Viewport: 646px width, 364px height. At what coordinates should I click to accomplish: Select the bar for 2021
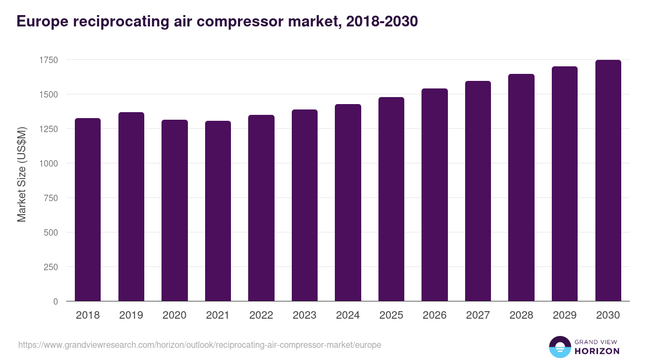tap(218, 211)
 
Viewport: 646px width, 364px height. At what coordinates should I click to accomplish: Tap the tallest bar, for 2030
tap(608, 180)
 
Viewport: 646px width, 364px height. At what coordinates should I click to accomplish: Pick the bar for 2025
tap(391, 199)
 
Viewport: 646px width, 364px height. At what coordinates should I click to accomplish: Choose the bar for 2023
tap(305, 205)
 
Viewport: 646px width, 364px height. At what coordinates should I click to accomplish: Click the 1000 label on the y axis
tap(48, 163)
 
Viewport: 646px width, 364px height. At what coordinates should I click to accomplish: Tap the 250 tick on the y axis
tap(51, 267)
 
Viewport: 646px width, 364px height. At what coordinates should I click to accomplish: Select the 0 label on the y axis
tap(55, 301)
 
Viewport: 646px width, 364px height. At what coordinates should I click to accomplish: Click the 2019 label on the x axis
tap(131, 315)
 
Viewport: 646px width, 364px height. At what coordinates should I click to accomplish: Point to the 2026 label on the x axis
tap(434, 315)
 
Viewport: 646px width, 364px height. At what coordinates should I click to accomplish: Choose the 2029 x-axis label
tap(565, 315)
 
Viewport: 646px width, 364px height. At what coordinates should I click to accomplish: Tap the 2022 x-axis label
tap(261, 315)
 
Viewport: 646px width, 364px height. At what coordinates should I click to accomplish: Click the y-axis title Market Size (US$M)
tap(22, 174)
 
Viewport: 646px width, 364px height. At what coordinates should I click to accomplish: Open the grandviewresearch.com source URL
tap(200, 345)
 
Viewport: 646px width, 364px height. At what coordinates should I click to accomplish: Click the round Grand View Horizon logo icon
tap(559, 347)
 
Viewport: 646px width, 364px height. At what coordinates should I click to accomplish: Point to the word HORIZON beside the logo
tap(597, 351)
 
